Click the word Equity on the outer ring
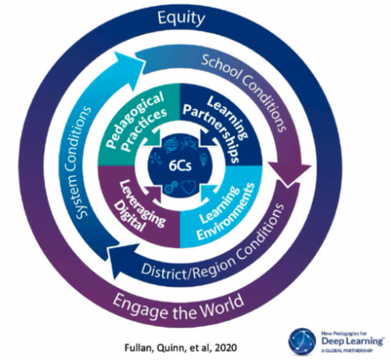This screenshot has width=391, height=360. [181, 19]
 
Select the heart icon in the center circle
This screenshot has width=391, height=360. [188, 188]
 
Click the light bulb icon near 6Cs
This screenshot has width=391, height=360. [204, 159]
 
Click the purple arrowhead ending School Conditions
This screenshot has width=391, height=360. [289, 173]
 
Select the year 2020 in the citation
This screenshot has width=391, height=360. [226, 347]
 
